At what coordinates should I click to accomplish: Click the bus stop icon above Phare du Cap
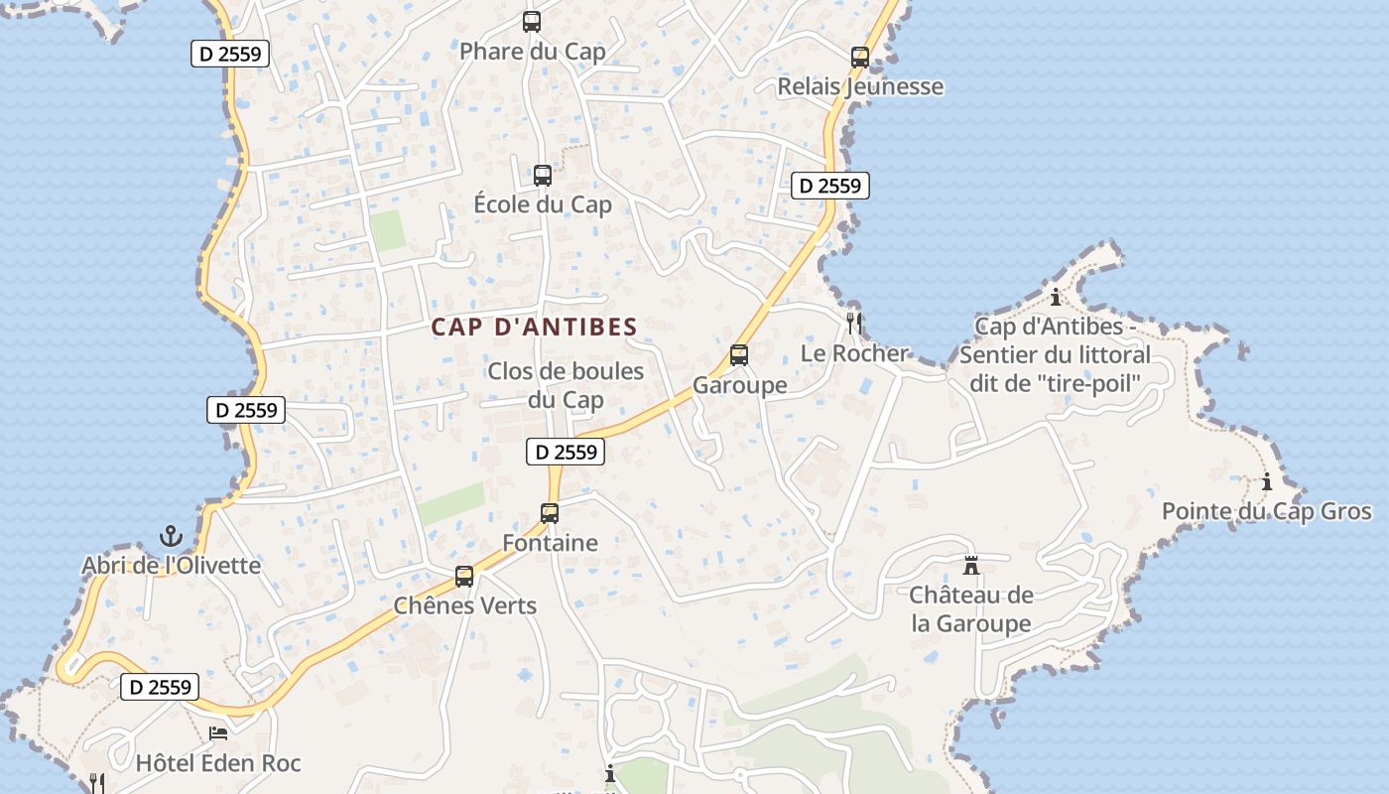(532, 22)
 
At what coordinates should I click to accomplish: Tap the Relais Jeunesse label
(860, 86)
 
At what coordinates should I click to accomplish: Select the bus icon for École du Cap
(543, 176)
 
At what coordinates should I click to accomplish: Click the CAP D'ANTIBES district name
(534, 327)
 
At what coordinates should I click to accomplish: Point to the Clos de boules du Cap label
(566, 385)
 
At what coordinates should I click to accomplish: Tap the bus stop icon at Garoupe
(739, 355)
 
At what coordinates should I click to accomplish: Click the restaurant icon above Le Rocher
(854, 323)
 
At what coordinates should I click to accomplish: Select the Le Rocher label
(854, 353)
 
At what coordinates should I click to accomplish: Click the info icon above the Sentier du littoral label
(1056, 297)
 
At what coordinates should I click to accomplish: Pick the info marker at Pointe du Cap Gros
(1267, 482)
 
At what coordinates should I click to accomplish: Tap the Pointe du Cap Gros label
(1267, 512)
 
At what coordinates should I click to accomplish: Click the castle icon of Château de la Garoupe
(971, 566)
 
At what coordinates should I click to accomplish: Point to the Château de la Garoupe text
(971, 609)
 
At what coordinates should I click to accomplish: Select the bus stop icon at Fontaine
(550, 513)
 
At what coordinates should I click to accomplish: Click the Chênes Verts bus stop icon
(464, 576)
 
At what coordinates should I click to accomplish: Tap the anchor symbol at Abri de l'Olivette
(172, 536)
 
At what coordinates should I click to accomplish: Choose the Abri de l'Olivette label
(172, 566)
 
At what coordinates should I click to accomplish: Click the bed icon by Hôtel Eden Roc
(218, 733)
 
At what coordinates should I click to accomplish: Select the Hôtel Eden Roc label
(218, 763)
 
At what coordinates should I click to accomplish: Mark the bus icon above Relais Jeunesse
(860, 58)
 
